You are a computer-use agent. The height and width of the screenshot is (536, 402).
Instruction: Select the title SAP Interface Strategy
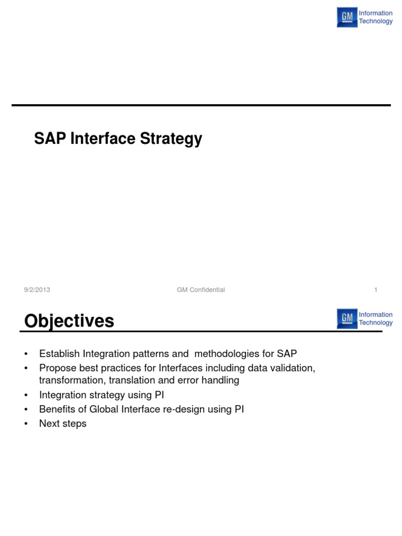tap(118, 139)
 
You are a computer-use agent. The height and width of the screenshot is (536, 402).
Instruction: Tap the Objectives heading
tap(69, 321)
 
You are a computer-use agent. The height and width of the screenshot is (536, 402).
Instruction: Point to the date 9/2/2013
tap(37, 290)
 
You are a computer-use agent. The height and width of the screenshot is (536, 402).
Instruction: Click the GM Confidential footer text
tap(201, 290)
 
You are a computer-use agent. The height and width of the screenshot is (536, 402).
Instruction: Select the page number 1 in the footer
tap(376, 290)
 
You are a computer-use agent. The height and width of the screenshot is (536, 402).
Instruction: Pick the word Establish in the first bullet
tap(57, 353)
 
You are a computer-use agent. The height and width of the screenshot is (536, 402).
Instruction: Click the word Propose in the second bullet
tap(56, 368)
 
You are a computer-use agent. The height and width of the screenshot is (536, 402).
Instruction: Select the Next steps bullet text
tap(63, 423)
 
